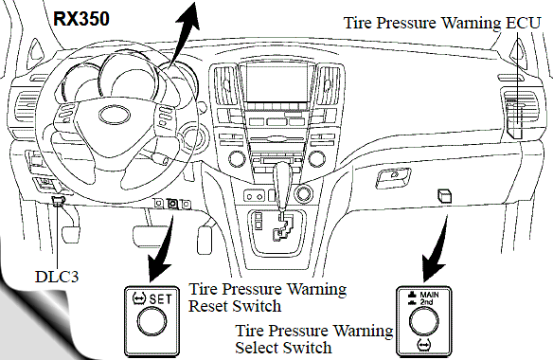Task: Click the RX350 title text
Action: [81, 19]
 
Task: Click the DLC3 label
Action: [57, 277]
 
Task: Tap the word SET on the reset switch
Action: [160, 299]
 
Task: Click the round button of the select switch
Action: [423, 321]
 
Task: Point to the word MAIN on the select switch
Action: [430, 295]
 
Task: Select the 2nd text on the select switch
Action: [426, 302]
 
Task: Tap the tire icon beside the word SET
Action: [138, 299]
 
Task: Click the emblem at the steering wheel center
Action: [115, 115]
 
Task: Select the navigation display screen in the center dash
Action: [276, 82]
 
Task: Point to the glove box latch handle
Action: [393, 177]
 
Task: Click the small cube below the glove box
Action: [444, 195]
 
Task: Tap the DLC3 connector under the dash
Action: [58, 201]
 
